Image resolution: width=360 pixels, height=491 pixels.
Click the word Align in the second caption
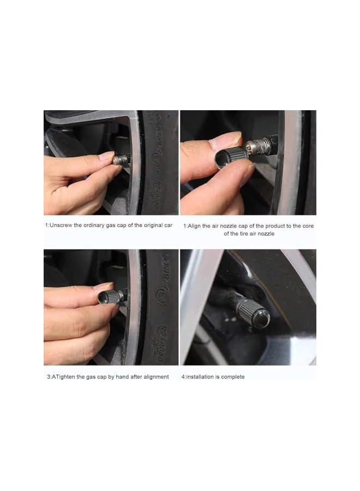tap(196, 225)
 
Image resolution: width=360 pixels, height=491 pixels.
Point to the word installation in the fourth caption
tap(203, 376)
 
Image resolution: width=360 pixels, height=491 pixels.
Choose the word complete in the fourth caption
tap(233, 376)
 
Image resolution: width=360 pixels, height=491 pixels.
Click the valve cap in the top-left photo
tap(121, 160)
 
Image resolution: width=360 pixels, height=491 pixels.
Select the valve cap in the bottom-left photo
tap(111, 297)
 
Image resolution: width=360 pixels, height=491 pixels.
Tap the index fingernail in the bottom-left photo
tap(104, 286)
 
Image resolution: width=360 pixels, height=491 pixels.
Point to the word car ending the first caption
tap(169, 225)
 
